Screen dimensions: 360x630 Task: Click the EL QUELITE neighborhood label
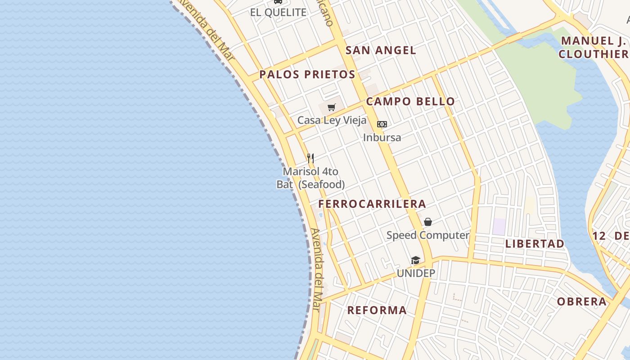click(278, 12)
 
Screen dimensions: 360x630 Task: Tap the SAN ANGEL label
click(381, 50)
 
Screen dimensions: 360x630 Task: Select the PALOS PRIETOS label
click(307, 74)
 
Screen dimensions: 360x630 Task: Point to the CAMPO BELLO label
click(410, 101)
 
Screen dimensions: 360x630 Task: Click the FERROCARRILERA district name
click(372, 204)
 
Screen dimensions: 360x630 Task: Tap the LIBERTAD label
click(535, 244)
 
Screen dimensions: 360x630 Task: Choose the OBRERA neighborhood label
click(582, 301)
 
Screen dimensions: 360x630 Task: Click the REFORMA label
click(377, 310)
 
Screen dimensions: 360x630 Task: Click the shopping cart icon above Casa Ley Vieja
click(332, 107)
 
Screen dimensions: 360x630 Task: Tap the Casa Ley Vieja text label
click(332, 121)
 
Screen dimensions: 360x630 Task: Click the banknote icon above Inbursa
click(382, 124)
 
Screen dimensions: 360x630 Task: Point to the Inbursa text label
click(382, 137)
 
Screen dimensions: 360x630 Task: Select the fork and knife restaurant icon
click(310, 158)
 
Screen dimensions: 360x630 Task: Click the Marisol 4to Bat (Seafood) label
click(310, 178)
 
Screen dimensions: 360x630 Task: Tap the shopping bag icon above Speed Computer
click(428, 222)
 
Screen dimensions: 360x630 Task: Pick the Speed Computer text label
click(428, 235)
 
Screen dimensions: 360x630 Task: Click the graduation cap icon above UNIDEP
click(415, 260)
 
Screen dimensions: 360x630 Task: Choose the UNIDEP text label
click(416, 273)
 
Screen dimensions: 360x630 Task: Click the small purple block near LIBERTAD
click(499, 226)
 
